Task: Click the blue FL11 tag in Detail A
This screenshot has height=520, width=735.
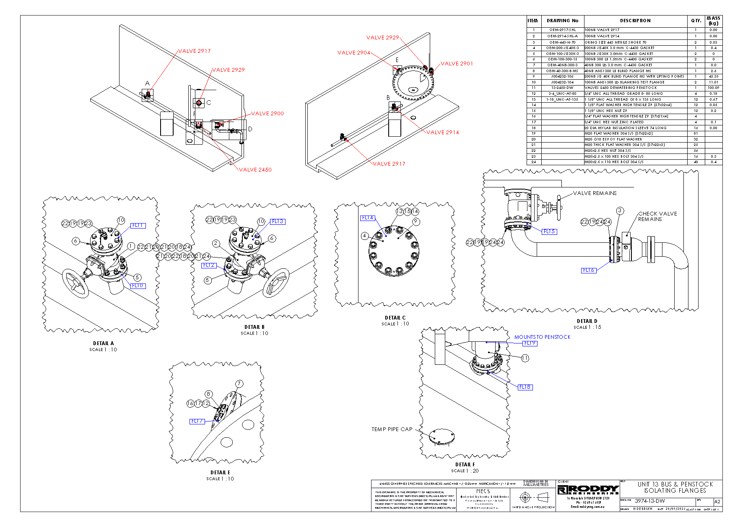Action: click(138, 226)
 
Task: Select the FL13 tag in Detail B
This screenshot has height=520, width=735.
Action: click(278, 221)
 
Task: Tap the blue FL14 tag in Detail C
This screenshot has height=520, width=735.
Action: click(367, 218)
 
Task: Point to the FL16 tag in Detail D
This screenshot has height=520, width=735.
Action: click(589, 270)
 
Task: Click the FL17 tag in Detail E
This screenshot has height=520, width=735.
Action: click(197, 421)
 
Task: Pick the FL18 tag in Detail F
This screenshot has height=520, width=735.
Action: click(525, 387)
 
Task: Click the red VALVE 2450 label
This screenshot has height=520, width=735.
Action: click(255, 170)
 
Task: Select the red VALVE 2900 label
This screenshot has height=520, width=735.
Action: click(268, 114)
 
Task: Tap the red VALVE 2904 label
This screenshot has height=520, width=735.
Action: click(354, 53)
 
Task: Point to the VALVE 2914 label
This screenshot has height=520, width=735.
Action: click(443, 133)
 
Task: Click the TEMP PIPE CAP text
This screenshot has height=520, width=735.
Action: click(392, 429)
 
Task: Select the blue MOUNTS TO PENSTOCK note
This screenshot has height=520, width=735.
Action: click(542, 337)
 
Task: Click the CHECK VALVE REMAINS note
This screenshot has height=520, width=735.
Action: click(657, 216)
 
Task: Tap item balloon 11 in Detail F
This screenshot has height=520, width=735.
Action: click(525, 358)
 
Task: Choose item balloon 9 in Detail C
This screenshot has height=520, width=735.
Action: click(416, 221)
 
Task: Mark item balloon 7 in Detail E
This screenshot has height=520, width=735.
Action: click(239, 384)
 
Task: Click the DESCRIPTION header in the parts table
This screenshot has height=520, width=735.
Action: click(635, 21)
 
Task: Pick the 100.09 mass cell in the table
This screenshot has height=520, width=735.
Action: click(713, 88)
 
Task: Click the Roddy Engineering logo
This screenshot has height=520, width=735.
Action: click(588, 490)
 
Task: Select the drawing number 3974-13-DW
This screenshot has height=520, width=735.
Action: click(649, 501)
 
